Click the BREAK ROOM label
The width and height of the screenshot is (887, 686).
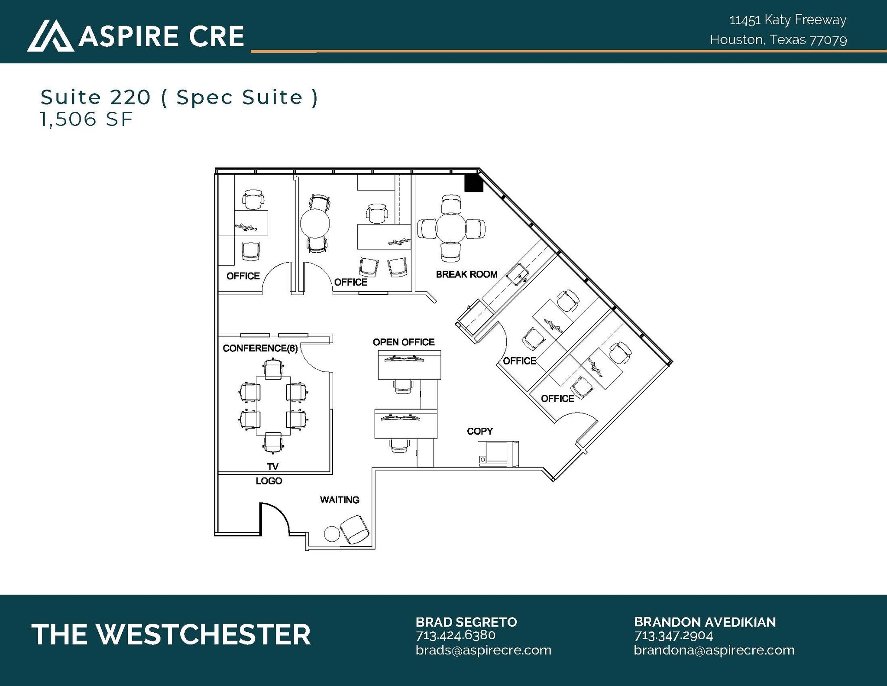click(466, 274)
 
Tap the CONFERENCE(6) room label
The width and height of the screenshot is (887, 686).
click(260, 348)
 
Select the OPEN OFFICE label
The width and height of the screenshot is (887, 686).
click(403, 342)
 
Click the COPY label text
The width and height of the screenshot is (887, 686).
click(479, 431)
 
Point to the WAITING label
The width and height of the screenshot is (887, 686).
click(340, 500)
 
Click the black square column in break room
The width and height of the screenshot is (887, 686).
click(473, 183)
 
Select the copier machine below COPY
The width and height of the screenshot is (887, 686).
click(498, 454)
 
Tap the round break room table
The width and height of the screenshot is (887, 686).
click(451, 228)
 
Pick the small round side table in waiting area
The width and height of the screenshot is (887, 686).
click(332, 533)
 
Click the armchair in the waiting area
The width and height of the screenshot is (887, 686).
click(355, 530)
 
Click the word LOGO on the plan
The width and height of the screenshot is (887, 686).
click(269, 481)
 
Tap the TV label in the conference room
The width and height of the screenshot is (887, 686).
click(272, 467)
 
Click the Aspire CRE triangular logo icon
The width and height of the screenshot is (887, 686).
click(50, 36)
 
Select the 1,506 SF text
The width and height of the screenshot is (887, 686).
click(86, 120)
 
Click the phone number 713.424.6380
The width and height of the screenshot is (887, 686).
click(455, 635)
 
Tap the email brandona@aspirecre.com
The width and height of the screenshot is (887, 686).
click(714, 650)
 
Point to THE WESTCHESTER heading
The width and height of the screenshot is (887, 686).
click(171, 635)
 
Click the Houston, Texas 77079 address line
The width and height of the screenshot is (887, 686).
click(778, 40)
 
